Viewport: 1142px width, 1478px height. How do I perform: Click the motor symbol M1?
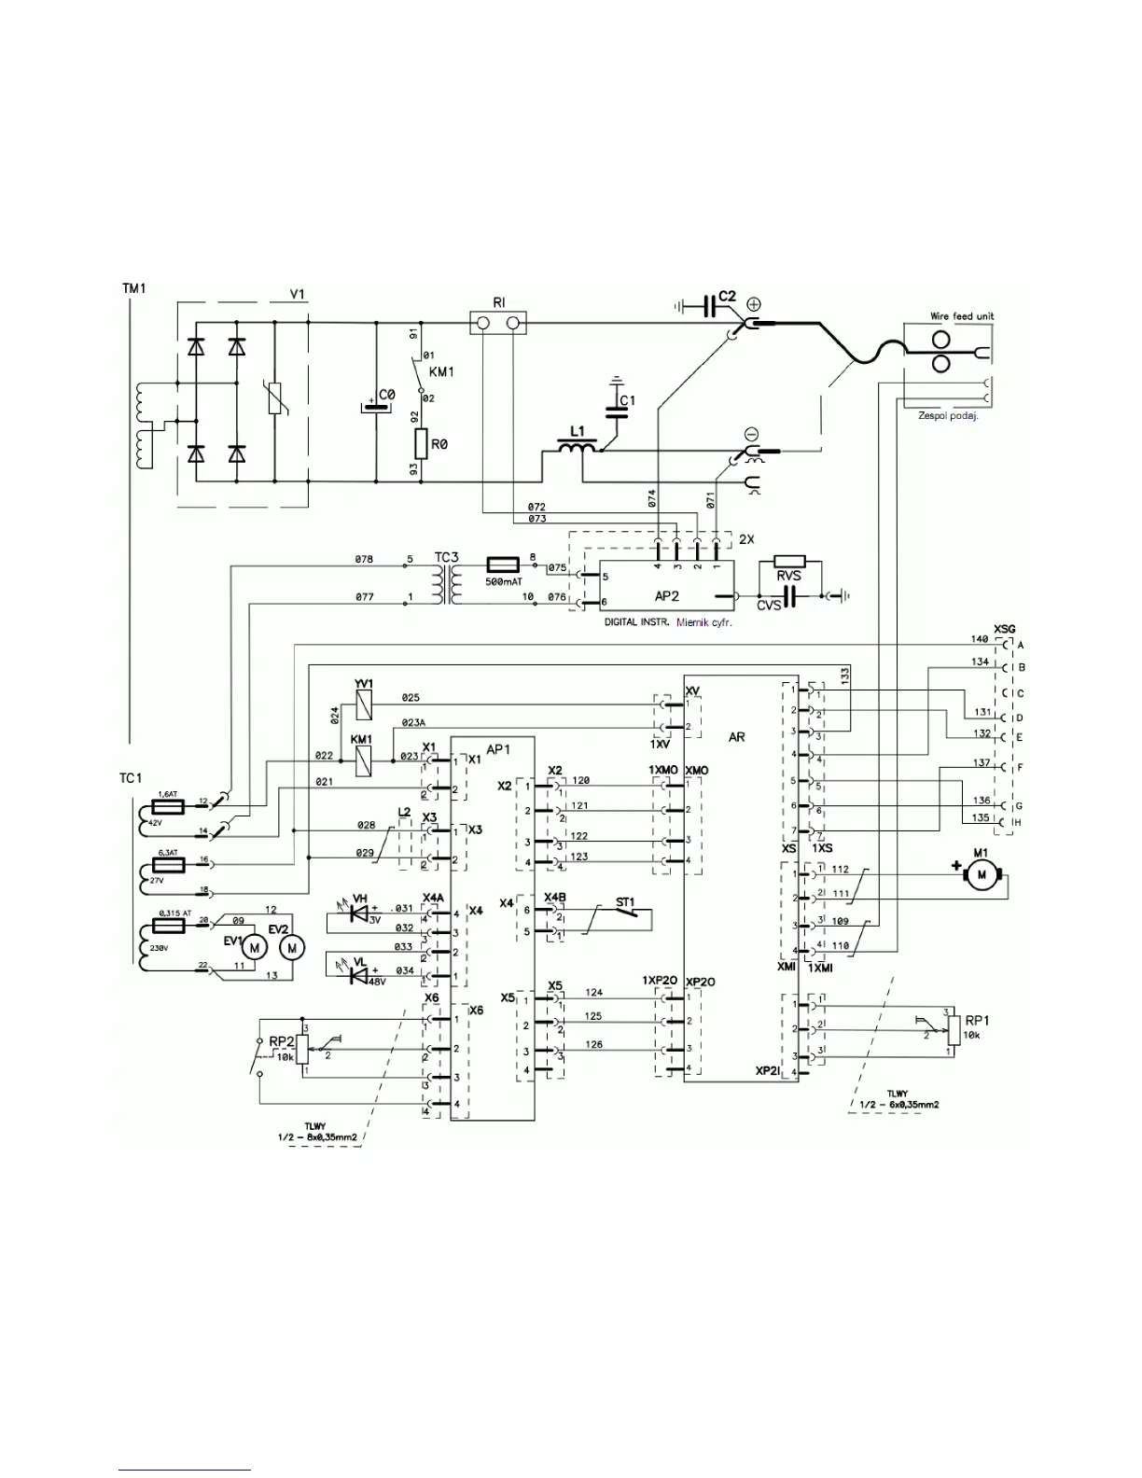tap(980, 873)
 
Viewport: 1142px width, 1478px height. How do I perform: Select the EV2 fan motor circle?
tap(293, 947)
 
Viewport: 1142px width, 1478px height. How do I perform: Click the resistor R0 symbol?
tap(422, 444)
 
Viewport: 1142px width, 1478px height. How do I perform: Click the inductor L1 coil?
tap(578, 449)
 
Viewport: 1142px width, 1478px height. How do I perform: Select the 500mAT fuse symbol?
tap(504, 565)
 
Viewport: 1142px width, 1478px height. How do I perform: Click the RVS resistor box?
tap(788, 576)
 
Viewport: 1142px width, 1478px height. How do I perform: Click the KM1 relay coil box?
tap(361, 761)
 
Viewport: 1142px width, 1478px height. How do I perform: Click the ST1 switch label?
tap(624, 902)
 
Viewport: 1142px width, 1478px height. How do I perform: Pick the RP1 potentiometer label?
tap(977, 1020)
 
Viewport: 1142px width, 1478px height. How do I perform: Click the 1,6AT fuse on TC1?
tap(169, 803)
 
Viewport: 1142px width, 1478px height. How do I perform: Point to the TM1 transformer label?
tap(134, 289)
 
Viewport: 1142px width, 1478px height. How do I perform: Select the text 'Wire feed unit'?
tap(962, 316)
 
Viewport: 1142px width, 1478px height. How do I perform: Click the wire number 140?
tap(979, 639)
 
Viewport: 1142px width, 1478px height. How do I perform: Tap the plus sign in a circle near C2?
tap(754, 303)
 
